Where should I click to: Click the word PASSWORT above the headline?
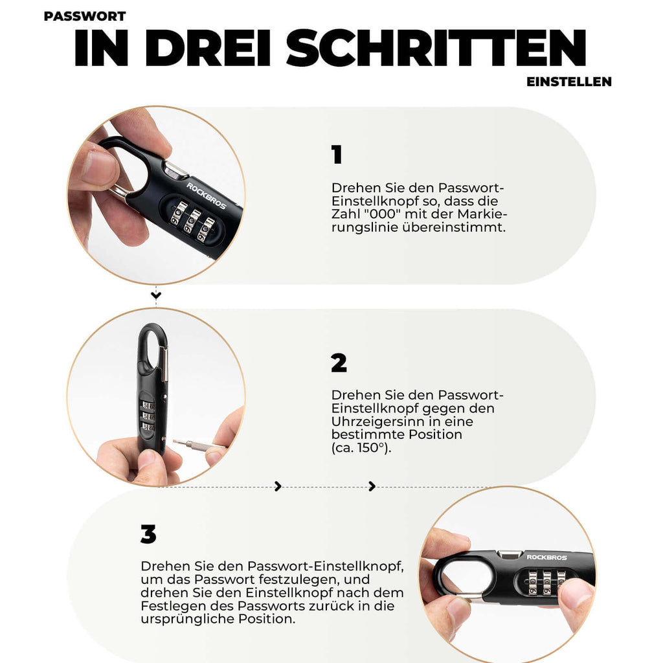pyautogui.click(x=85, y=16)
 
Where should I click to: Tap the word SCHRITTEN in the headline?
pyautogui.click(x=436, y=48)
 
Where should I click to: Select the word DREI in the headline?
pyautogui.click(x=208, y=48)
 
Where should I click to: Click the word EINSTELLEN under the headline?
pyautogui.click(x=568, y=82)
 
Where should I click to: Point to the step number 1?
pyautogui.click(x=337, y=154)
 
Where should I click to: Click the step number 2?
pyautogui.click(x=339, y=363)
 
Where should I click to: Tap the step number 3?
pyautogui.click(x=148, y=534)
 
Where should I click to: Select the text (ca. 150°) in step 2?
pyautogui.click(x=361, y=448)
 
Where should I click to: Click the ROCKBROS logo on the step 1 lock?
pyautogui.click(x=207, y=196)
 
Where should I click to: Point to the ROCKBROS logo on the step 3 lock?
pyautogui.click(x=546, y=557)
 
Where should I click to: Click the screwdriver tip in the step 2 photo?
pyautogui.click(x=175, y=442)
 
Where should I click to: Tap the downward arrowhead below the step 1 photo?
pyautogui.click(x=156, y=295)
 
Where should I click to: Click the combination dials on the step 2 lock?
pyautogui.click(x=148, y=416)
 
